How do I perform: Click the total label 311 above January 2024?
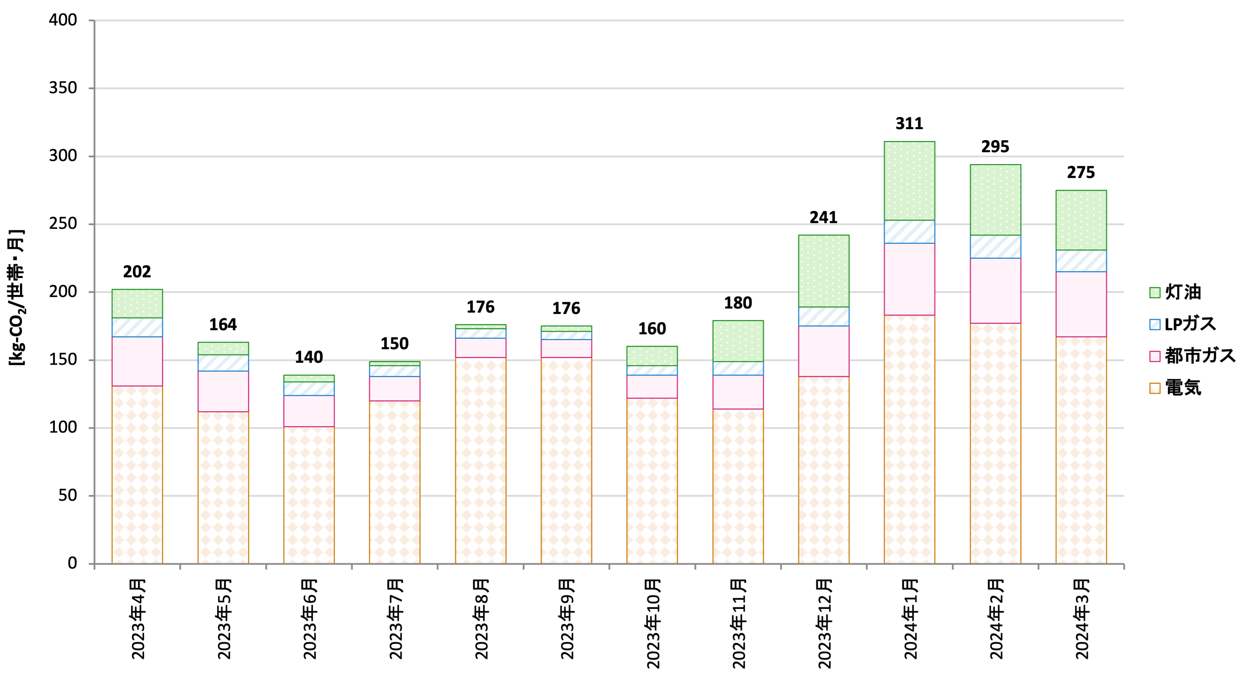[909, 124]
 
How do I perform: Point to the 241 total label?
[823, 217]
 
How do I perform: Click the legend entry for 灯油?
[1176, 292]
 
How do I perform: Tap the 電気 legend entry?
[1176, 388]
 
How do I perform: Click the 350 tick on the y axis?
[63, 88]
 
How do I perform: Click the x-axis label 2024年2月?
[996, 619]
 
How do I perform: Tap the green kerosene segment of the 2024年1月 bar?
[909, 181]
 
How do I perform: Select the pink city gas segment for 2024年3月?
[1081, 304]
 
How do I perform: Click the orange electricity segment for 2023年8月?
[481, 460]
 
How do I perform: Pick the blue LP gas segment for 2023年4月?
[137, 327]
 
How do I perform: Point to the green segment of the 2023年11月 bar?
[738, 341]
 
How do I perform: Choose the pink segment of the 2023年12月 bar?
[823, 351]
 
